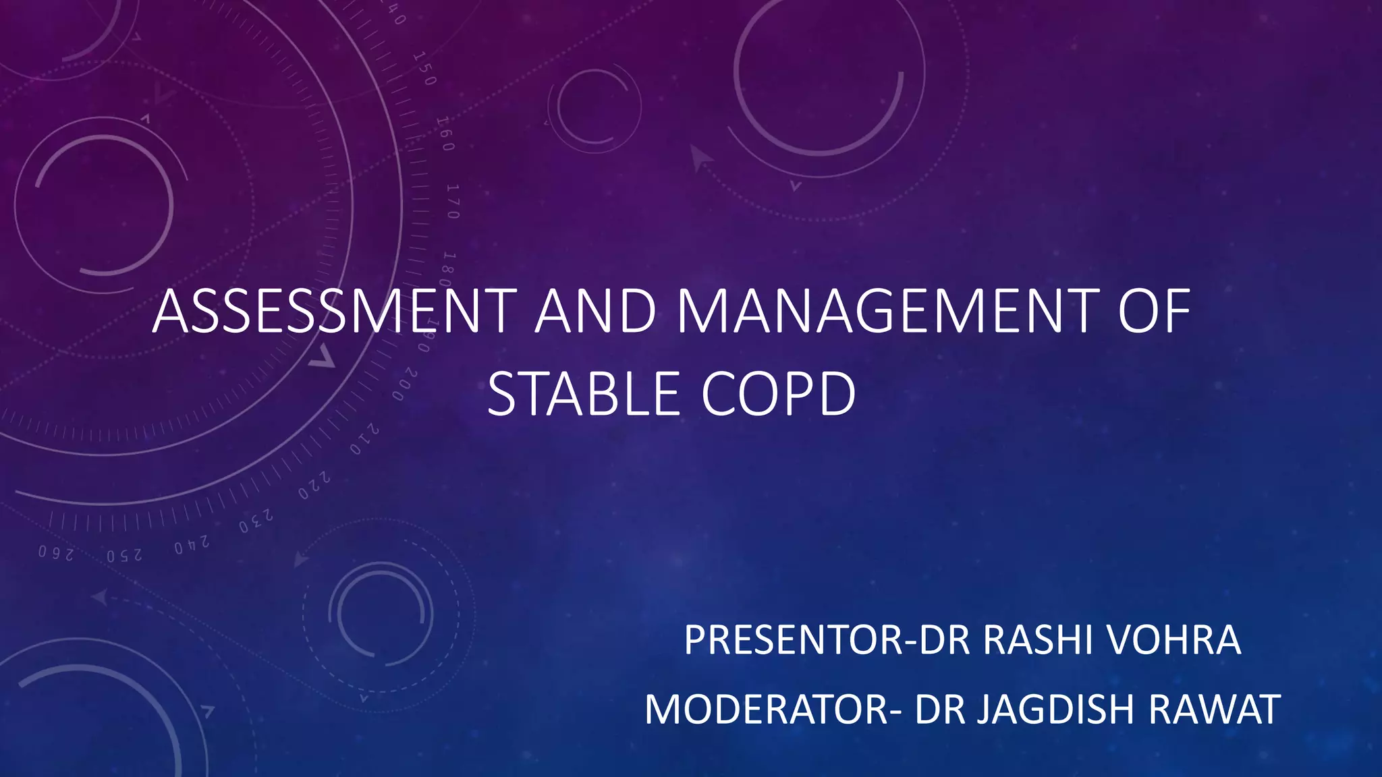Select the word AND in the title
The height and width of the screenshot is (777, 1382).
click(595, 312)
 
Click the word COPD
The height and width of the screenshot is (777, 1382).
click(779, 395)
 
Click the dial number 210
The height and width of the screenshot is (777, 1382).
click(364, 439)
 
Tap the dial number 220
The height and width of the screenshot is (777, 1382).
click(314, 486)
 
